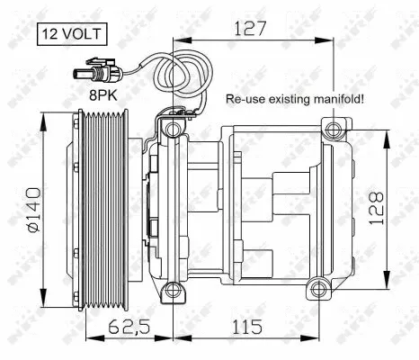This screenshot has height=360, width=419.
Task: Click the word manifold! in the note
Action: point(334,100)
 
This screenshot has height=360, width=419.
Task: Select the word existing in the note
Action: point(283,100)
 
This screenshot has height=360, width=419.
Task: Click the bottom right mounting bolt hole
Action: point(314,291)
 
